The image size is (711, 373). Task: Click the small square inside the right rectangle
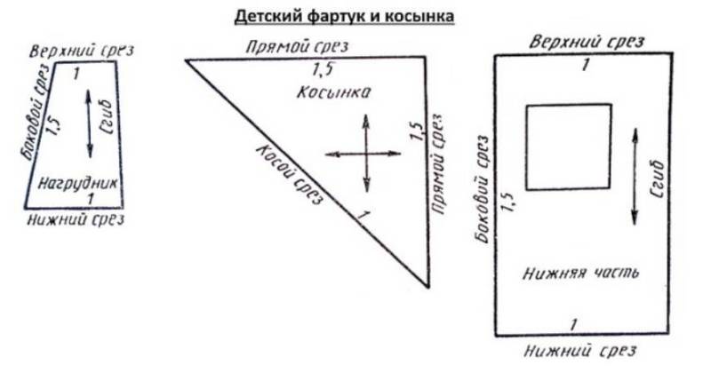569,147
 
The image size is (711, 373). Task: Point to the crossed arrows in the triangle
365,154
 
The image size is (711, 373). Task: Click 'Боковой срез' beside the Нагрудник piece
33,125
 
